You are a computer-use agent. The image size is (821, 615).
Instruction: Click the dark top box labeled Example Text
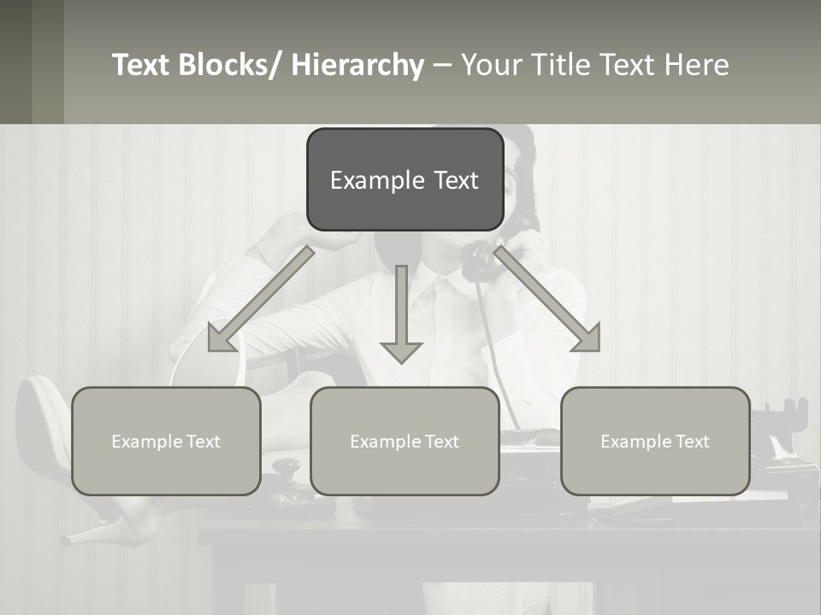[x=405, y=179]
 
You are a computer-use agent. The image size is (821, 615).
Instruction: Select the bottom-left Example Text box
[x=166, y=442]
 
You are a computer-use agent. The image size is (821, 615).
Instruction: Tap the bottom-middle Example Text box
[x=405, y=442]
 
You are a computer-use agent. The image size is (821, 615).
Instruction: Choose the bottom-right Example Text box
[x=655, y=442]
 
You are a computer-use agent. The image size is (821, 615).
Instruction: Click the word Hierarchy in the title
[x=357, y=65]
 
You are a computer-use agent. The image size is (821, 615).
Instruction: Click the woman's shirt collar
[x=445, y=295]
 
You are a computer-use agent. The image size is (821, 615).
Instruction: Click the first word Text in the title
[x=143, y=65]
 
